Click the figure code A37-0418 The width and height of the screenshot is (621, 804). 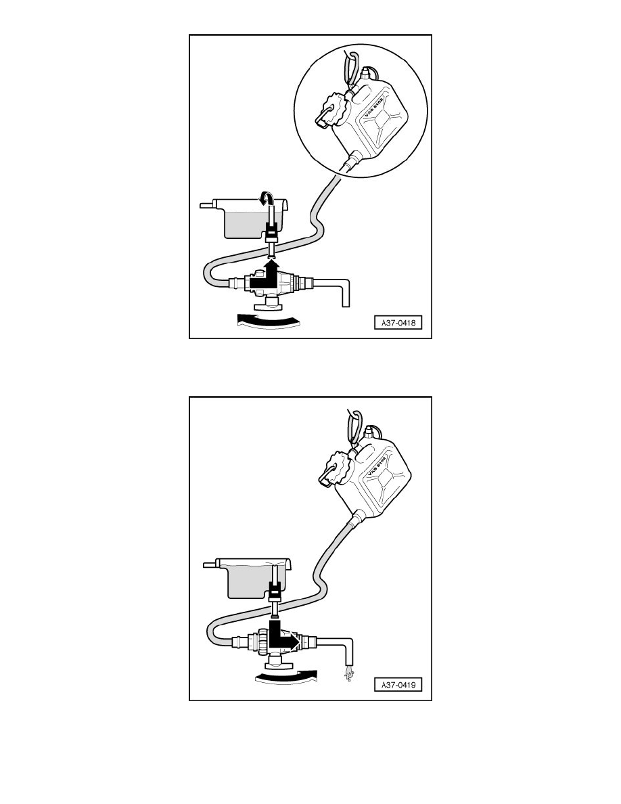[398, 323]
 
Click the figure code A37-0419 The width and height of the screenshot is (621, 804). [398, 684]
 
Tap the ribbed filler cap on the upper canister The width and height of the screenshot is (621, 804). [331, 110]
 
